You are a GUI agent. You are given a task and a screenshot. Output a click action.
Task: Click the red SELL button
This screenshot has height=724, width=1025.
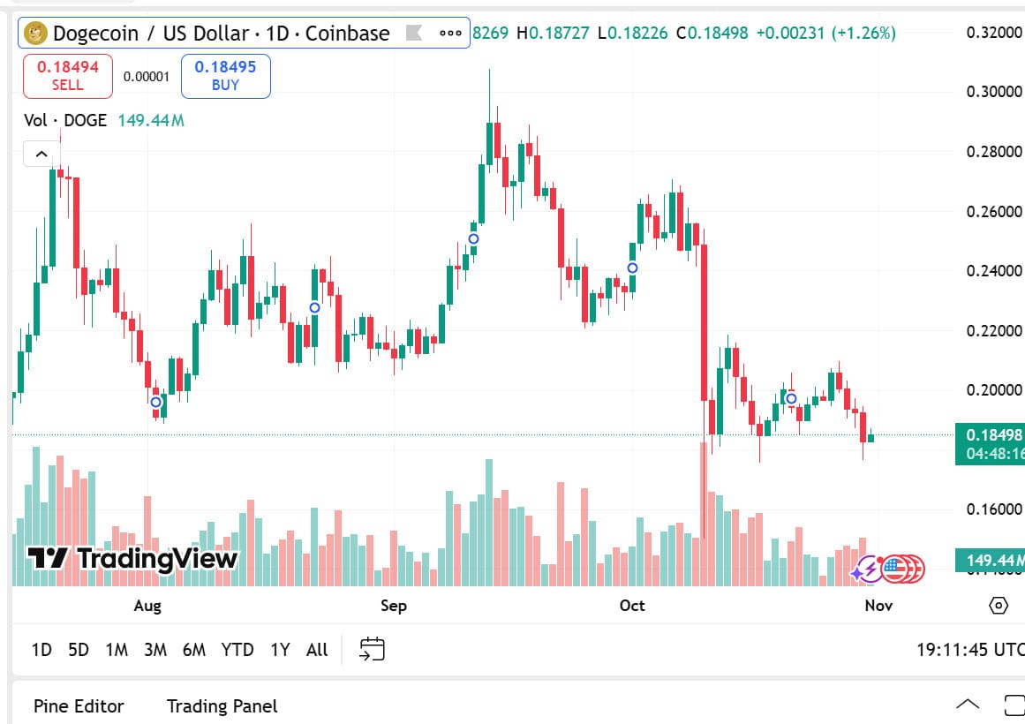tap(68, 76)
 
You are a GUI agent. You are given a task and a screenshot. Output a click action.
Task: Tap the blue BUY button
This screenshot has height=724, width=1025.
tap(225, 76)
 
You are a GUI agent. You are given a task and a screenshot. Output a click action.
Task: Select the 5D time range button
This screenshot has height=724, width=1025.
tap(79, 650)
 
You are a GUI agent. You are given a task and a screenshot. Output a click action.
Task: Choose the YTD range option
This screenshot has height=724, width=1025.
tap(237, 650)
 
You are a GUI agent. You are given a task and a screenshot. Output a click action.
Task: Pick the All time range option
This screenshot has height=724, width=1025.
tap(317, 650)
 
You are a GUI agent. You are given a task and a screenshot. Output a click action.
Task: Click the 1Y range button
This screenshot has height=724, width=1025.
tap(280, 650)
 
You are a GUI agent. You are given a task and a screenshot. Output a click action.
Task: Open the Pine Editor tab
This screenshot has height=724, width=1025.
tap(79, 706)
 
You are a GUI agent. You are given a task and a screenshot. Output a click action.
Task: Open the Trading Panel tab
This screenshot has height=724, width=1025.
tap(222, 706)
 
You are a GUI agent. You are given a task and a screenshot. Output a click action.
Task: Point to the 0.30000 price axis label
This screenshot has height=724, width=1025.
tap(994, 92)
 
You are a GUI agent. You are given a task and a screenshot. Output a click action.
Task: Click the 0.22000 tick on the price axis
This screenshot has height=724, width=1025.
tap(994, 330)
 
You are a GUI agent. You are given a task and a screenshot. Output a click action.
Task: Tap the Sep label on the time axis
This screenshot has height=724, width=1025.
tap(394, 605)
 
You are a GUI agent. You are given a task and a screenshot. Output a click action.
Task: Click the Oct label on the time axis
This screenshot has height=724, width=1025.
tap(632, 605)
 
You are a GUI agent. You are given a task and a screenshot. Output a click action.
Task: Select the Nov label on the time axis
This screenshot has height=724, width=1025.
tap(878, 605)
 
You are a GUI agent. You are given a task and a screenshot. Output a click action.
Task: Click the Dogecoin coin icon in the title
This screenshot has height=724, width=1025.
tap(36, 34)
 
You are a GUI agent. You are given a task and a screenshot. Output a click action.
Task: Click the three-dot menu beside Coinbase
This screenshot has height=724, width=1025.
tap(450, 34)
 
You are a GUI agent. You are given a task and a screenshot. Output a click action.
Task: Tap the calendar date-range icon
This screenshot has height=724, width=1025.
tap(372, 650)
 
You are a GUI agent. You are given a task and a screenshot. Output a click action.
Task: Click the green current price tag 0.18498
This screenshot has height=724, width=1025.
tap(993, 434)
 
